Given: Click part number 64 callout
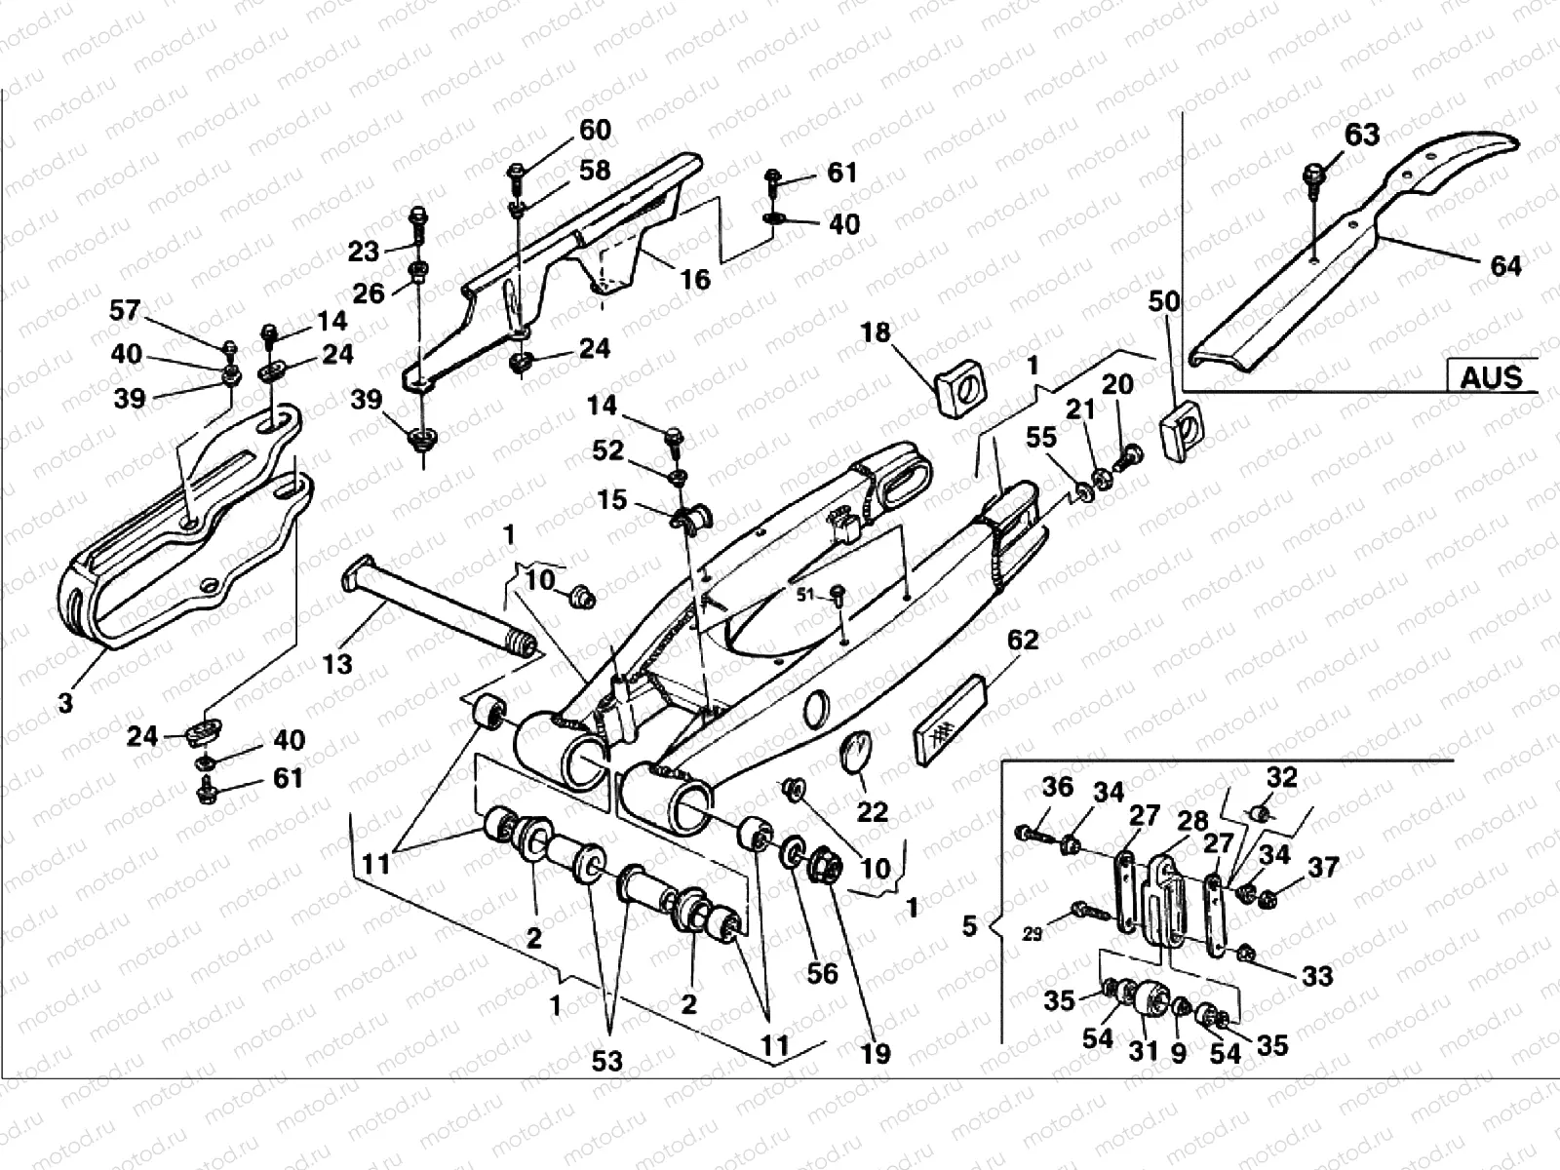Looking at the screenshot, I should (x=1505, y=265).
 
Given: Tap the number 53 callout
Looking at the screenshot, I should (x=606, y=1061).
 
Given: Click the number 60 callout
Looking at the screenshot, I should (x=595, y=130).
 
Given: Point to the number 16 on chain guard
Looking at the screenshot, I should (x=694, y=280).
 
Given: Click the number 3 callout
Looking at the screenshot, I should (x=64, y=702).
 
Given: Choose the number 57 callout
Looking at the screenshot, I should (x=124, y=311).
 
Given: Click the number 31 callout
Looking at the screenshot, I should (x=1143, y=1049).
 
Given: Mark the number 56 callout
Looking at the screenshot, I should (x=822, y=973).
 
